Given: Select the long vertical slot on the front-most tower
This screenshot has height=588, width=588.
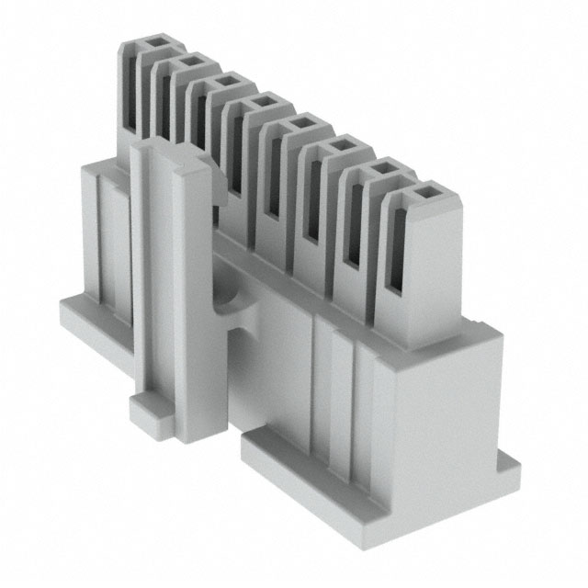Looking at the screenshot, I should pos(396,248).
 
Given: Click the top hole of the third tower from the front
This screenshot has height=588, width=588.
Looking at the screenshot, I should pos(339,145).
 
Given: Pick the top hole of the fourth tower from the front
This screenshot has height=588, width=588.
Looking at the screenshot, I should pos(299,123).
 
